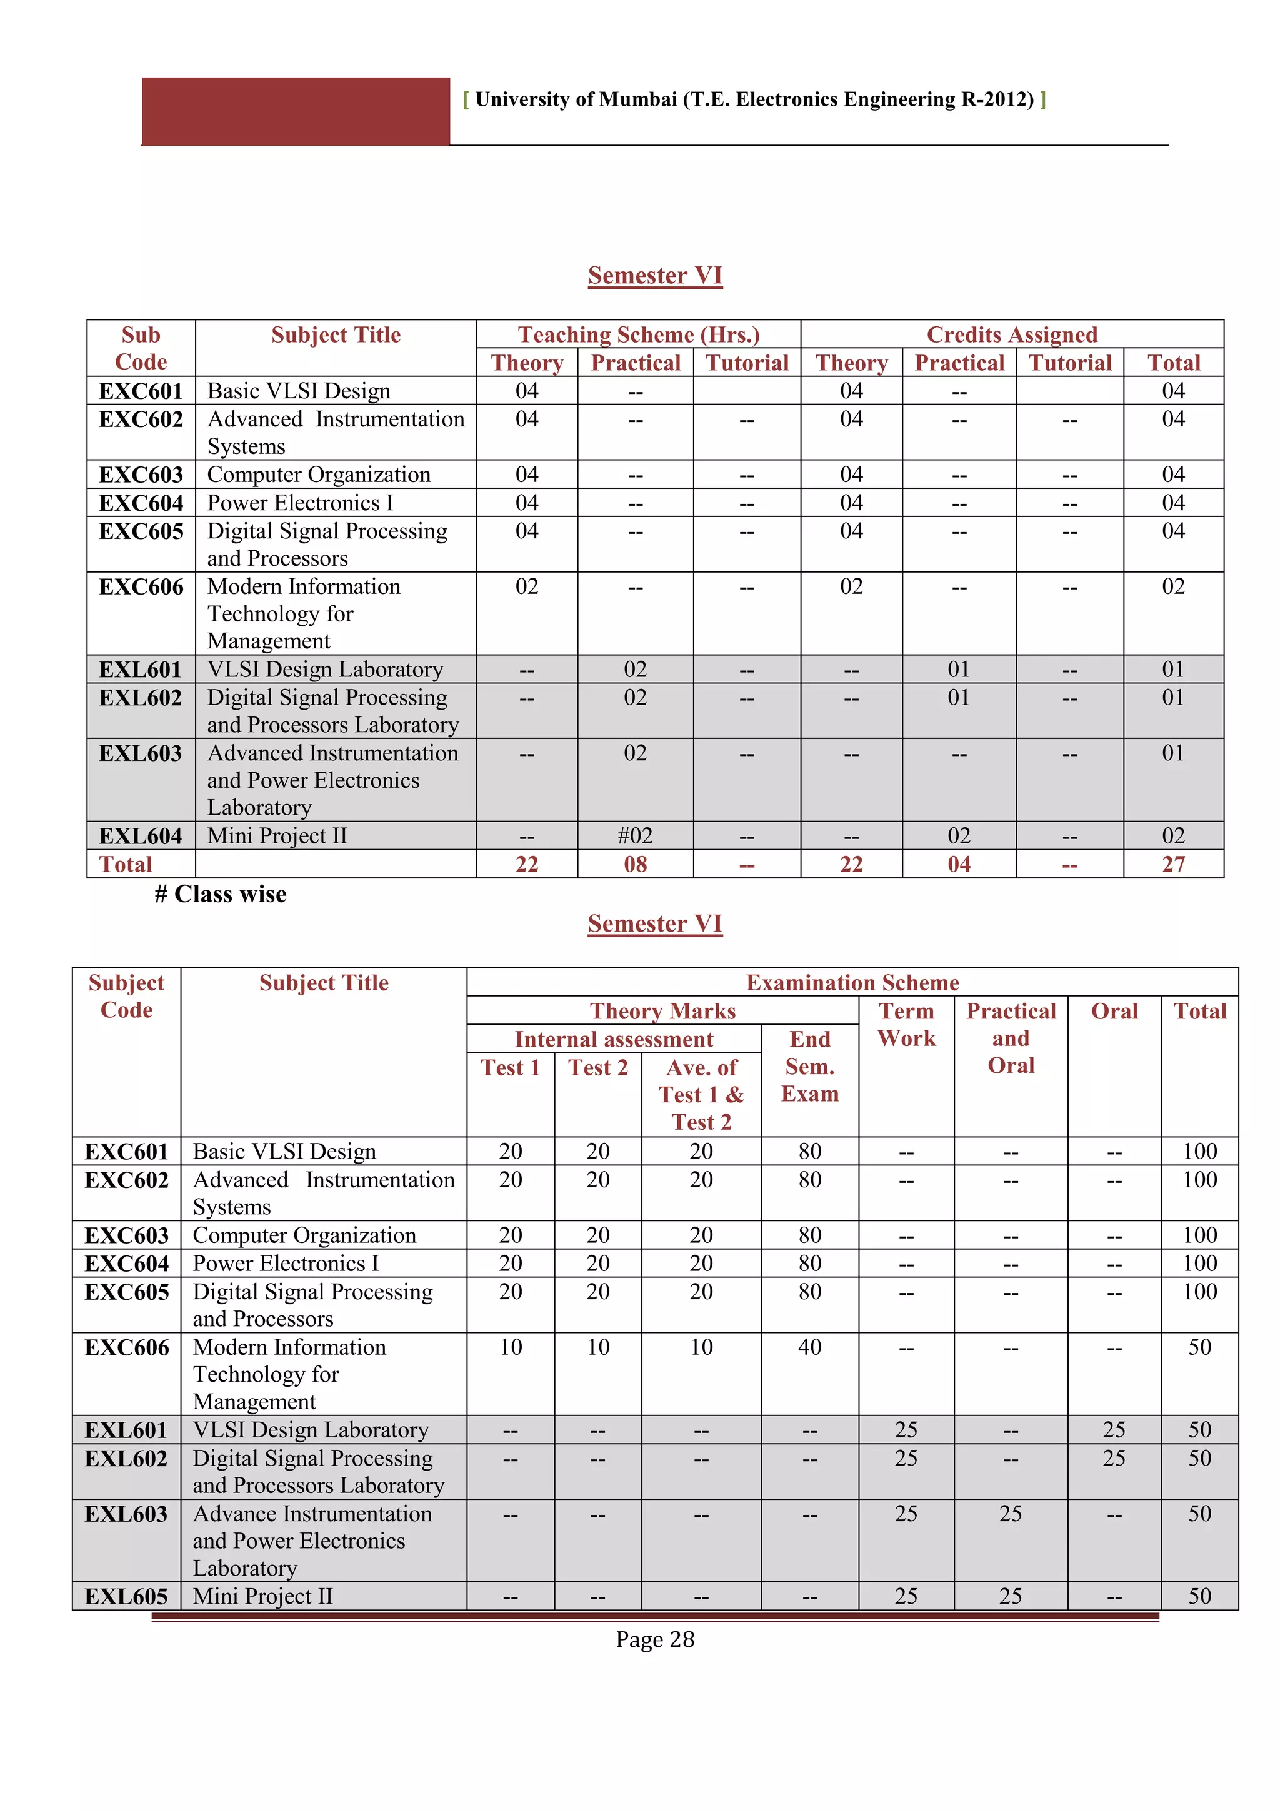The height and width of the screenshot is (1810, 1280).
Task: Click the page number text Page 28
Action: pos(655,1640)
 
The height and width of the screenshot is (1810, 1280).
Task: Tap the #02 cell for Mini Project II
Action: pos(635,836)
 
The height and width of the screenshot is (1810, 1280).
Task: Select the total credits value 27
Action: pos(1172,864)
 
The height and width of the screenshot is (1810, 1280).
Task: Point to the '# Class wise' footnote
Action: pos(221,894)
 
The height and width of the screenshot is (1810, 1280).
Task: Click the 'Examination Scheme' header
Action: pos(852,982)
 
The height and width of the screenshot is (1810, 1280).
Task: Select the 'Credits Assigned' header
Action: pos(1012,334)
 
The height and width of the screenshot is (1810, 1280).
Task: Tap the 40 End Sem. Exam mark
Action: pos(809,1347)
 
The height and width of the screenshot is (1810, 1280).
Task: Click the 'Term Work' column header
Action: pos(906,1025)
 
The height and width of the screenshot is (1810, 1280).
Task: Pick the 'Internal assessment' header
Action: pos(614,1039)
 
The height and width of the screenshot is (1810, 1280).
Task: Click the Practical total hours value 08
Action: pos(635,864)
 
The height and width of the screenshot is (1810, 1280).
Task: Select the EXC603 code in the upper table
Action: pos(141,475)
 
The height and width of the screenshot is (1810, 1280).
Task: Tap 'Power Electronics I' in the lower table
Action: pos(286,1264)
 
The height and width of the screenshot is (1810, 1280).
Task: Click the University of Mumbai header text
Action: pos(754,99)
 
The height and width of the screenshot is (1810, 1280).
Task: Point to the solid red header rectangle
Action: pos(296,111)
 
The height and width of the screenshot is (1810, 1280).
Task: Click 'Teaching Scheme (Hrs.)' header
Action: pos(638,334)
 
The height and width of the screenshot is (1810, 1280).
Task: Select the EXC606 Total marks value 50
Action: pos(1199,1347)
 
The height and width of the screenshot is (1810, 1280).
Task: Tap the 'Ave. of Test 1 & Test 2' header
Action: pos(701,1094)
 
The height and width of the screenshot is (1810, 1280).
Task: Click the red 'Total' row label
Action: pos(126,864)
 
